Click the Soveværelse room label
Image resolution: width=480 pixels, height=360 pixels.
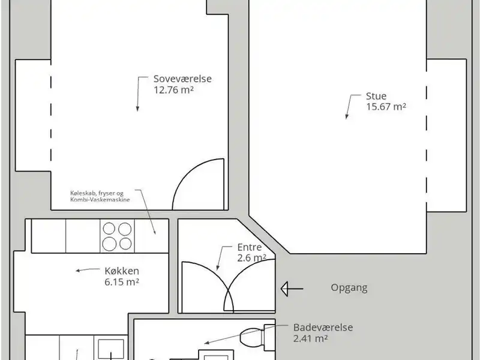point(182,79)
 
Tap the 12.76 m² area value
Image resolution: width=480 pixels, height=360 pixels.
point(174,90)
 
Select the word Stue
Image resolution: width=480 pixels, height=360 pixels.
point(376,96)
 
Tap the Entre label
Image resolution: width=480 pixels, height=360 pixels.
point(249,247)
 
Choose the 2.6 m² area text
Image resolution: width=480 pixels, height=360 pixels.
point(251,258)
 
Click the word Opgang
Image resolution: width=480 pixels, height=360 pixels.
point(349,287)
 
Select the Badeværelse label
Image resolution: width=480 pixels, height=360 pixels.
point(323,328)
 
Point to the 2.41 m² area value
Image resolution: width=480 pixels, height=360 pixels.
point(310,338)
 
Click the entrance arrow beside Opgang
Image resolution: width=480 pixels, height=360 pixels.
point(292,289)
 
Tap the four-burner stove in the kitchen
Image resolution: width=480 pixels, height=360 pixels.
point(117,236)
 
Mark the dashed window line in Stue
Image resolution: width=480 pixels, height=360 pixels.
point(427,135)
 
